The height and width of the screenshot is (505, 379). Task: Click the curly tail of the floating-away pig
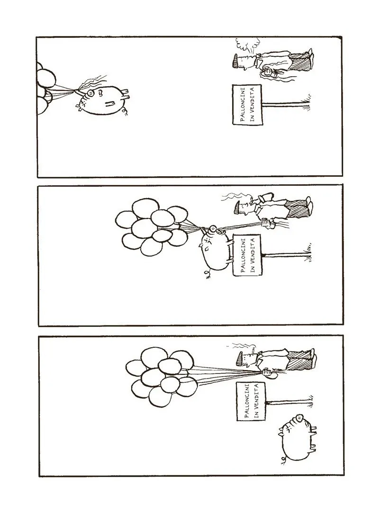126,111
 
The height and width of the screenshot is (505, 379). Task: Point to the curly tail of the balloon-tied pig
207,274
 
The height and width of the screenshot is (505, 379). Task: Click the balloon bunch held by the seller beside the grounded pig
159,377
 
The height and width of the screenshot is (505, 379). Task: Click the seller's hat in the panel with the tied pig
238,207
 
